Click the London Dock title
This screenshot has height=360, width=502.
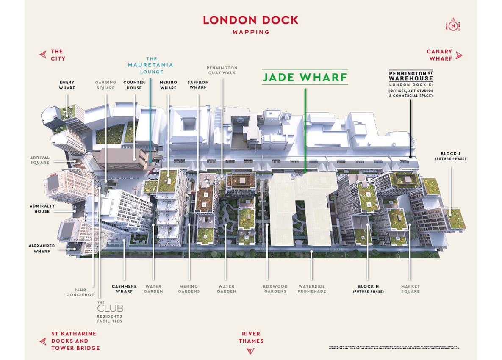251,20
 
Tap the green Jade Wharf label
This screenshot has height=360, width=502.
305,78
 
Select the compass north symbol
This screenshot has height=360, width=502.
454,25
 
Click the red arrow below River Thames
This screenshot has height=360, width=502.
251,351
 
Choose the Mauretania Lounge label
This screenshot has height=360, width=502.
151,65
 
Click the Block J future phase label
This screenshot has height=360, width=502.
450,156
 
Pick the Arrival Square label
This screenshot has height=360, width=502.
39,160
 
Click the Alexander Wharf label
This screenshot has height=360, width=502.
42,248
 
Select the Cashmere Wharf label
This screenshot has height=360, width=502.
124,289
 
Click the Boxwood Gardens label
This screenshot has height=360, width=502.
275,289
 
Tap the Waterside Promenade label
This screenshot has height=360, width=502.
312,289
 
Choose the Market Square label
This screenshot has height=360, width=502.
410,289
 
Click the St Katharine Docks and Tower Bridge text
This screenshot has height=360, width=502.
75,341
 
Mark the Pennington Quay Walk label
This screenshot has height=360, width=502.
222,70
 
